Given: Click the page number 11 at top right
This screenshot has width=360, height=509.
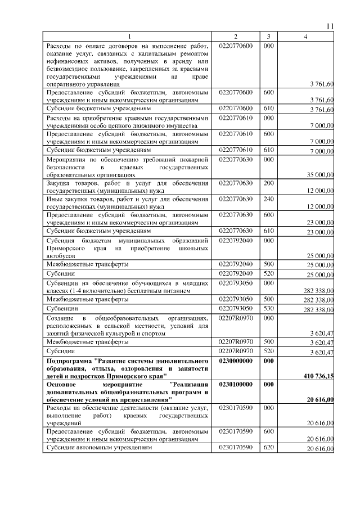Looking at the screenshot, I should point(330,26).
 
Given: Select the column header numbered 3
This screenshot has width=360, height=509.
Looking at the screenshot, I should point(269,37).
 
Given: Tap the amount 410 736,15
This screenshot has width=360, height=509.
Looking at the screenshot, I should point(316,375).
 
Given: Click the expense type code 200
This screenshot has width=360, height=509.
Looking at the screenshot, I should point(268,183).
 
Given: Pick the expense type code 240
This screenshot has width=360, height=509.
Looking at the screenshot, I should point(268,199).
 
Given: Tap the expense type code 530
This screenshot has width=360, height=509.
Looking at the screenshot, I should point(268,308).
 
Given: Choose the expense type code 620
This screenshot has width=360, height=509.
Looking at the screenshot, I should point(268,448).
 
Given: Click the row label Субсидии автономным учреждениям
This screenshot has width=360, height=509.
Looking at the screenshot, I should point(99,448).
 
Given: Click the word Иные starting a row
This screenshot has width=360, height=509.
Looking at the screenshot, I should point(54,199).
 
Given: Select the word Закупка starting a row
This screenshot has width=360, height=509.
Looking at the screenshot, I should point(59,183).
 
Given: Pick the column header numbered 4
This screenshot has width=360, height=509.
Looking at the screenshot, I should point(305,37).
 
